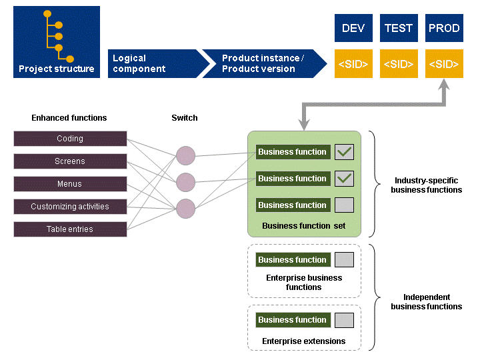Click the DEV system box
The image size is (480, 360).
click(x=353, y=28)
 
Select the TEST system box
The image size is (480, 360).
click(x=399, y=28)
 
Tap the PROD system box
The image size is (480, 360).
click(x=444, y=28)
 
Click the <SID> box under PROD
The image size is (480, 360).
click(x=444, y=64)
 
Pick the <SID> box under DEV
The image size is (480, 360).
click(x=353, y=64)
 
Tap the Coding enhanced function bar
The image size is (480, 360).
click(x=70, y=139)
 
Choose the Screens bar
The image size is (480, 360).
click(x=70, y=161)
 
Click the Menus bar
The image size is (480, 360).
click(x=70, y=184)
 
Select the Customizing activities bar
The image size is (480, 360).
click(x=70, y=207)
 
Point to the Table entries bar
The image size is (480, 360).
click(x=70, y=229)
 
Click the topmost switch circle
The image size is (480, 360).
click(x=186, y=156)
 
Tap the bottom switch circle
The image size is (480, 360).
click(x=186, y=208)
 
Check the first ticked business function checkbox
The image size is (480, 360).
click(x=344, y=152)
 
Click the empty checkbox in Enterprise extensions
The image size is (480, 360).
click(x=344, y=320)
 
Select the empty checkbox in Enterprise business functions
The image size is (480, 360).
click(x=344, y=260)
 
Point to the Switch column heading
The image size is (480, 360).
click(x=185, y=118)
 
